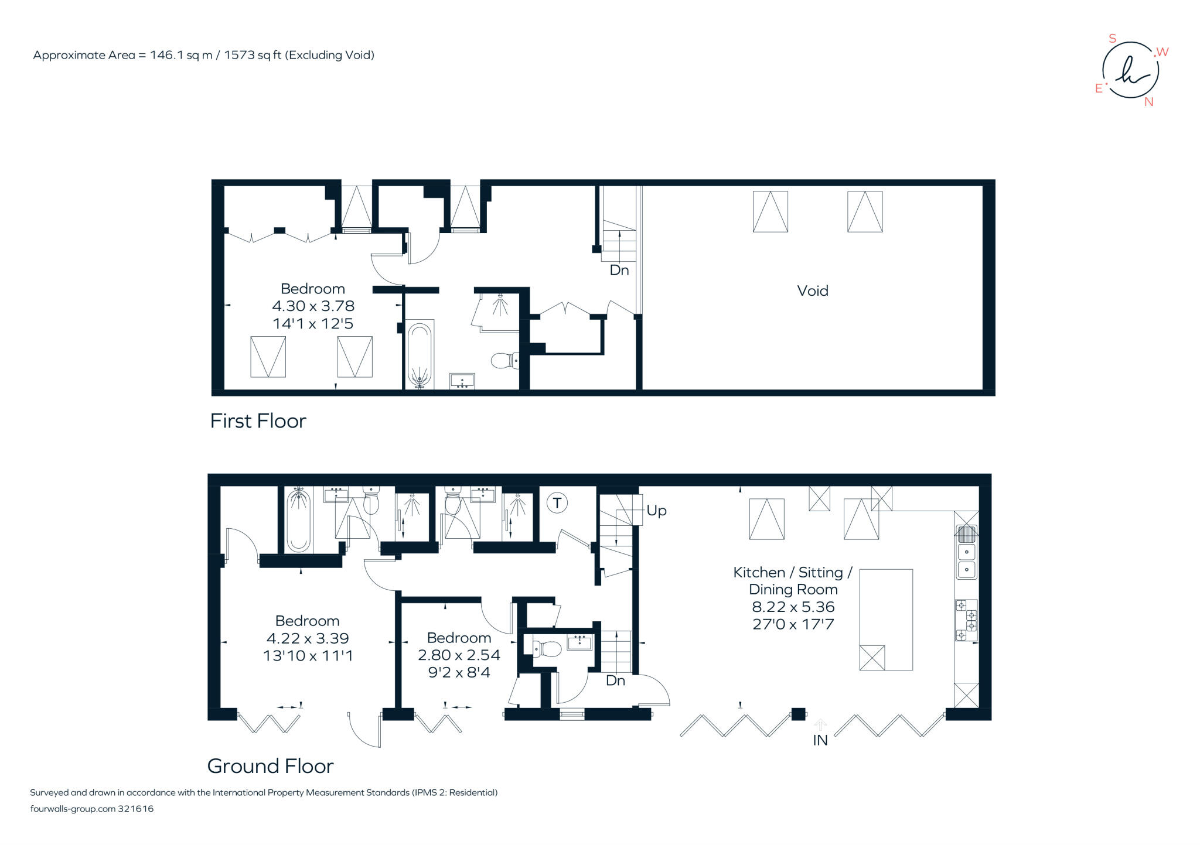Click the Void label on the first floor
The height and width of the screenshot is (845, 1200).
[x=812, y=291]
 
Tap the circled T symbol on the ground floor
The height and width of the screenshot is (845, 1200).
[x=557, y=502]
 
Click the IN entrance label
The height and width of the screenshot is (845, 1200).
[x=820, y=740]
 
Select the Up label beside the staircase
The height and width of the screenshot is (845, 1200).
[x=656, y=511]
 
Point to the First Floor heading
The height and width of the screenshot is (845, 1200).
[x=258, y=421]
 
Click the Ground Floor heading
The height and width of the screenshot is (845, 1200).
[x=270, y=766]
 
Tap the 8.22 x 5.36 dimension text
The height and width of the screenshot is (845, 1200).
[x=793, y=607]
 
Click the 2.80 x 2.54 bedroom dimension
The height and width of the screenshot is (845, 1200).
[x=459, y=655]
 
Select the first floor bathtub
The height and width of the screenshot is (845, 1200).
[x=419, y=354]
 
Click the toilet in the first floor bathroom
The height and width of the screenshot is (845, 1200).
[x=503, y=360]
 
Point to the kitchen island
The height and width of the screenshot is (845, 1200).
[x=885, y=619]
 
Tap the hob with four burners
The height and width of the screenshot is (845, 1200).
[x=966, y=620]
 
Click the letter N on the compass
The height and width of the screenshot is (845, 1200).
[x=1148, y=102]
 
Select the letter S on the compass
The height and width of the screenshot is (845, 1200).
[x=1112, y=39]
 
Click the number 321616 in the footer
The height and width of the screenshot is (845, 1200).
[x=135, y=809]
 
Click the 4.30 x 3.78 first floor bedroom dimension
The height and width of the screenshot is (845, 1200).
[x=313, y=306]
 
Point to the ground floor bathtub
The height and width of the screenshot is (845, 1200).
[x=298, y=521]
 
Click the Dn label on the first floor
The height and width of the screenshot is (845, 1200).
[x=619, y=270]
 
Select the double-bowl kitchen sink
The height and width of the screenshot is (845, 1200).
[x=966, y=560]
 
